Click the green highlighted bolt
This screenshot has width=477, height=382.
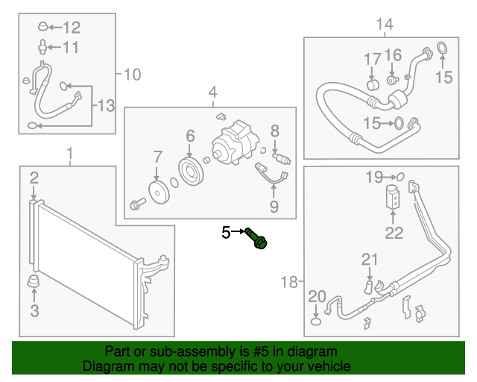point(259,240)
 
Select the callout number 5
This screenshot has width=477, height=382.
point(227,233)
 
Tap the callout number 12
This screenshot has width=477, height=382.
point(71,28)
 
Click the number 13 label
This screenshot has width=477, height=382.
point(106,107)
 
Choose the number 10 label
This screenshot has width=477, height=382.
point(131,74)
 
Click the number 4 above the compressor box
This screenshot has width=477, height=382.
point(212,93)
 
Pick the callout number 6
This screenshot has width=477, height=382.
point(190,136)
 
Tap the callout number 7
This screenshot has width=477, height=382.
point(157,157)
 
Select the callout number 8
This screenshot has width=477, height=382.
point(274,131)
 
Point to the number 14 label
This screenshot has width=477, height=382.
point(384,25)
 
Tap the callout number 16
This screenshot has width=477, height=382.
point(394,54)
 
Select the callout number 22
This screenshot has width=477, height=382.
point(394,234)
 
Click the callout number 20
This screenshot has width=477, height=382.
point(316,296)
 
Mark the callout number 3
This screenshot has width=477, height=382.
point(34,310)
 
